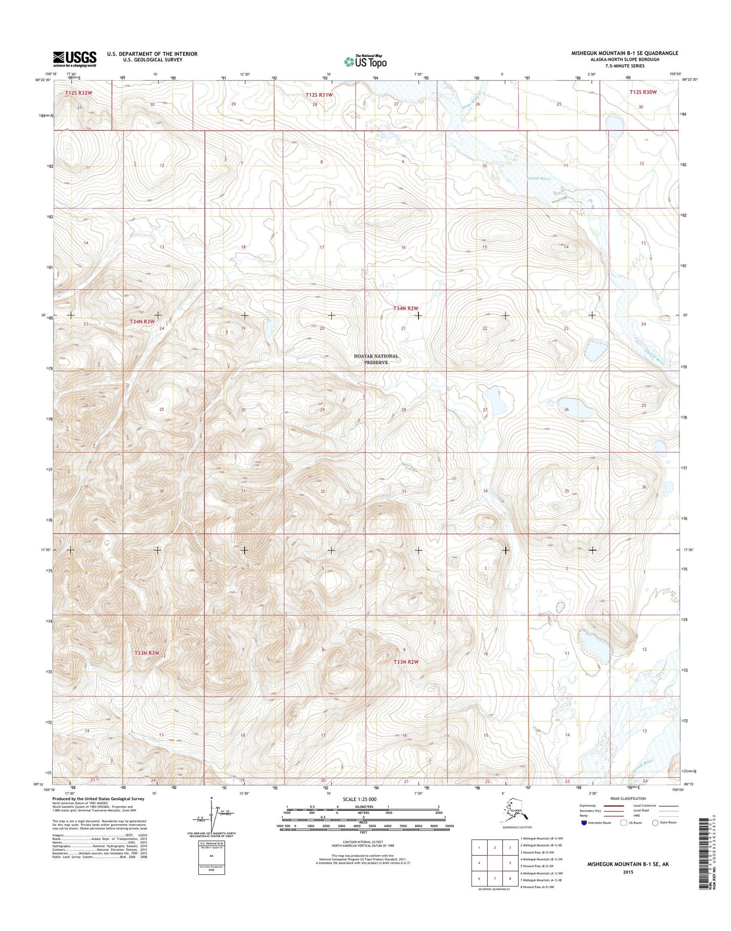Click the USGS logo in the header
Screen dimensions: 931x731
pyautogui.click(x=75, y=59)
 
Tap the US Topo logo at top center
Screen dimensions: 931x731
pyautogui.click(x=365, y=61)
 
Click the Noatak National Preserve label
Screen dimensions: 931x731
pyautogui.click(x=375, y=359)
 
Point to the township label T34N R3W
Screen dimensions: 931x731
pyautogui.click(x=144, y=321)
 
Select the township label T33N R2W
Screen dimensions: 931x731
pyautogui.click(x=406, y=662)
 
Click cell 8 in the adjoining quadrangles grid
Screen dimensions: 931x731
pyautogui.click(x=510, y=878)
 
